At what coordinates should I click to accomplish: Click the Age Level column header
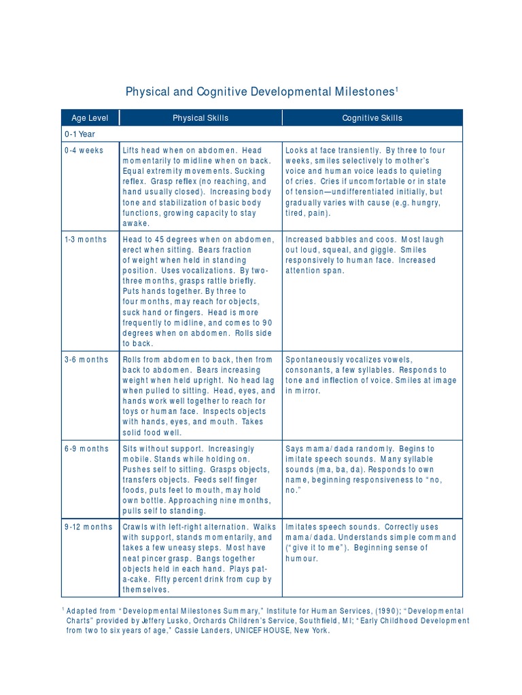pos(90,118)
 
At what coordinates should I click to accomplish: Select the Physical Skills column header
pos(201,118)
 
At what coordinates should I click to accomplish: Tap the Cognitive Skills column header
pos(372,118)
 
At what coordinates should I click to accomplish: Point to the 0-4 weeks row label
pos(84,151)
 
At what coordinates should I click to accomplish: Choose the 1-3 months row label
pos(86,240)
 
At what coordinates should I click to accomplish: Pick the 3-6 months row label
pos(86,360)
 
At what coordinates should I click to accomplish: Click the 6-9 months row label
pos(86,449)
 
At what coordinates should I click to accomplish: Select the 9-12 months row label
pos(88,527)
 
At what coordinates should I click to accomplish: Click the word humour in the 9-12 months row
pos(302,559)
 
